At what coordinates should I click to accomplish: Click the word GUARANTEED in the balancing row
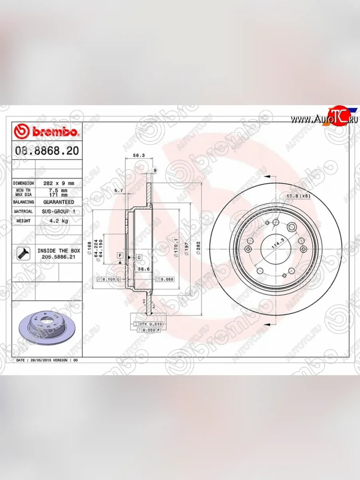[58, 202]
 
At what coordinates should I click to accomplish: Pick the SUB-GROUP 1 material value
[58, 211]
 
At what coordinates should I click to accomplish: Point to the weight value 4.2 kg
[58, 220]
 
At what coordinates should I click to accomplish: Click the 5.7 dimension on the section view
[118, 191]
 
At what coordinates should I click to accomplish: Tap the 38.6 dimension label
[144, 269]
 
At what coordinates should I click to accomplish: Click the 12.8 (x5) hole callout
[298, 196]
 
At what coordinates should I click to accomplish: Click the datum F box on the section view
[120, 255]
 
